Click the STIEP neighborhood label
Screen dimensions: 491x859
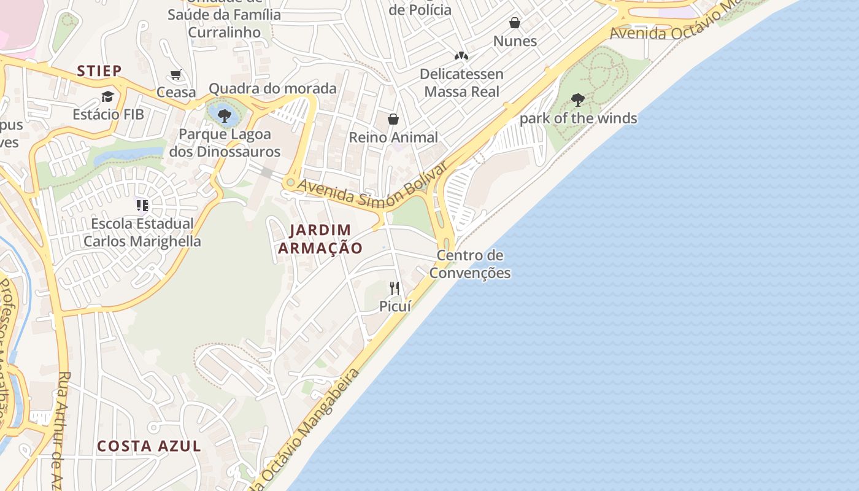[99, 71]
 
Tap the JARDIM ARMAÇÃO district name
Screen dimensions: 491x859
[320, 239]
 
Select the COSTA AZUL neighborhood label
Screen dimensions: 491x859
[149, 446]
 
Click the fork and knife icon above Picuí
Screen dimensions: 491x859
[395, 287]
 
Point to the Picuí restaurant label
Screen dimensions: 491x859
[395, 306]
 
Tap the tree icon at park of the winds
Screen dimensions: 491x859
[577, 99]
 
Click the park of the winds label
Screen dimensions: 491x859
[578, 118]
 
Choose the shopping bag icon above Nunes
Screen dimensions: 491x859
[515, 23]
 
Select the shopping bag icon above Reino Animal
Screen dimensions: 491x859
[393, 119]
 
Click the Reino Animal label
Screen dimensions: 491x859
[393, 137]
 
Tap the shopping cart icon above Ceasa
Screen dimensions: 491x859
[176, 75]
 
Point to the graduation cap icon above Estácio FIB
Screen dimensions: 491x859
[108, 96]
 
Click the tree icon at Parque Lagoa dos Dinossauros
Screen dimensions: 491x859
[225, 115]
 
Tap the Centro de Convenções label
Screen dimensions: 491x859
[470, 264]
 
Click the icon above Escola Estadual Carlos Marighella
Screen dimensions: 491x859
[142, 205]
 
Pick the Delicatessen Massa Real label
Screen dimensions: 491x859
[461, 83]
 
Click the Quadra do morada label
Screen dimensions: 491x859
[272, 88]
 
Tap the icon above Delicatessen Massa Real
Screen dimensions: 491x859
[461, 56]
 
